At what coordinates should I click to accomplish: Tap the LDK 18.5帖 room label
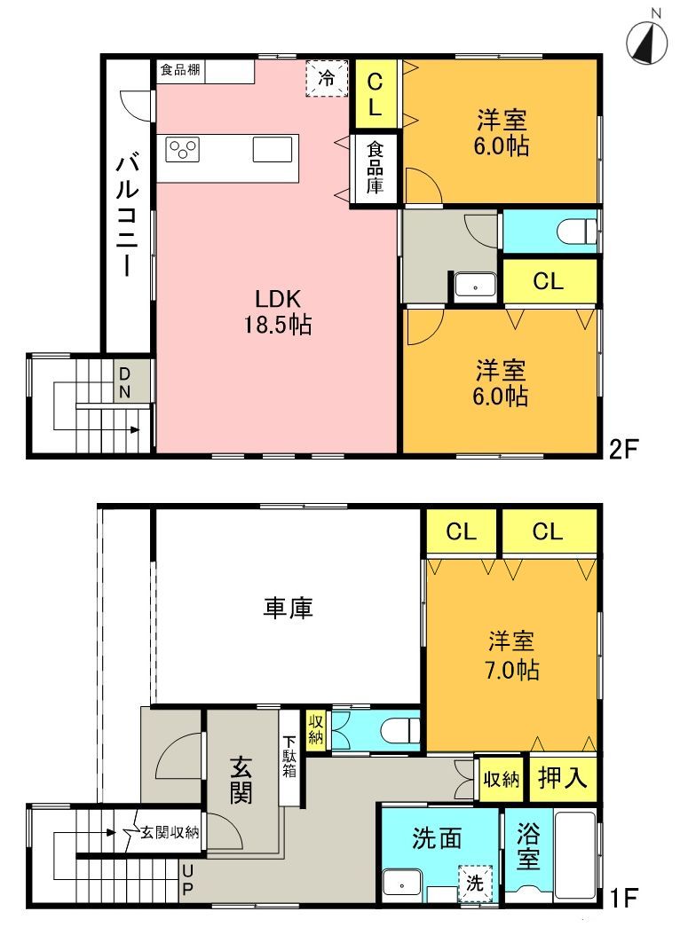coord(277,311)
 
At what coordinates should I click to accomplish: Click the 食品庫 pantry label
coord(376,169)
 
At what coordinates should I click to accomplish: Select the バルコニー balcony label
coord(128,214)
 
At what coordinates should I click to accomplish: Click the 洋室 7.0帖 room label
coord(512,655)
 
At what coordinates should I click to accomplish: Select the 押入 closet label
coord(563,778)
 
